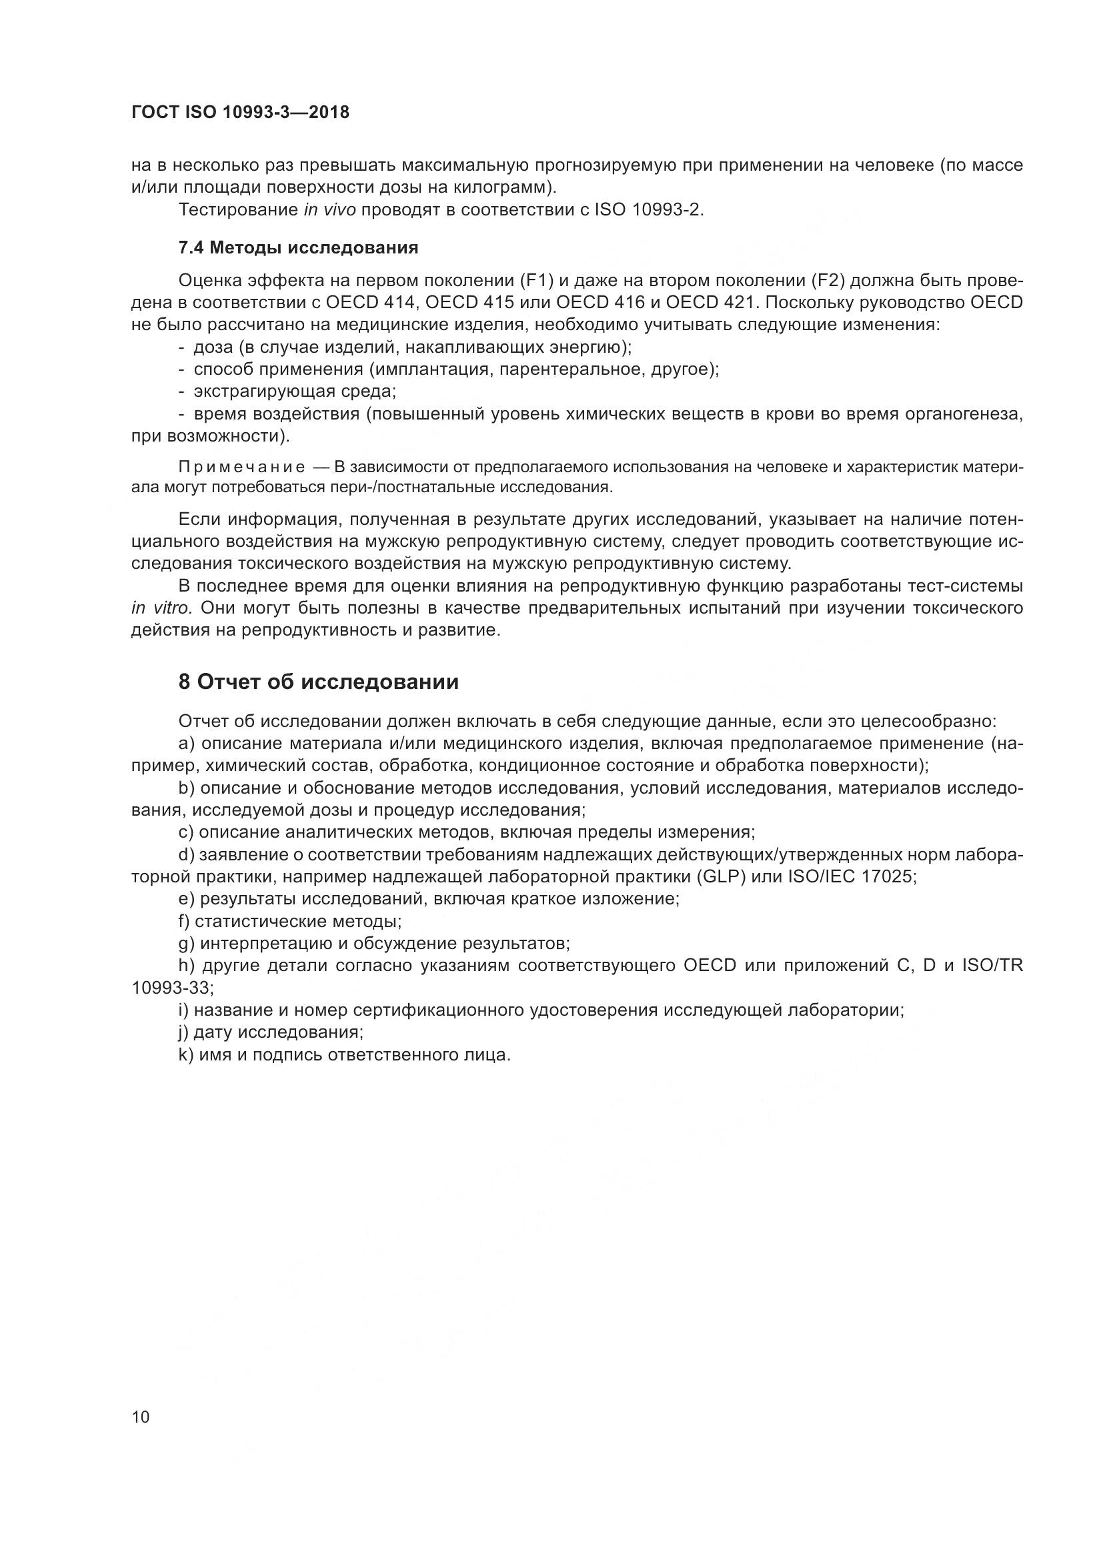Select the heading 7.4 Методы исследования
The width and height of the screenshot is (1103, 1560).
[x=298, y=248]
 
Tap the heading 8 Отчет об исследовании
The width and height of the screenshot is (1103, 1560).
[x=319, y=682]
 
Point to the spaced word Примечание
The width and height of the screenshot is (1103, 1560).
[x=241, y=468]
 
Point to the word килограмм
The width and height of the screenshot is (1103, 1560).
[x=499, y=187]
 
